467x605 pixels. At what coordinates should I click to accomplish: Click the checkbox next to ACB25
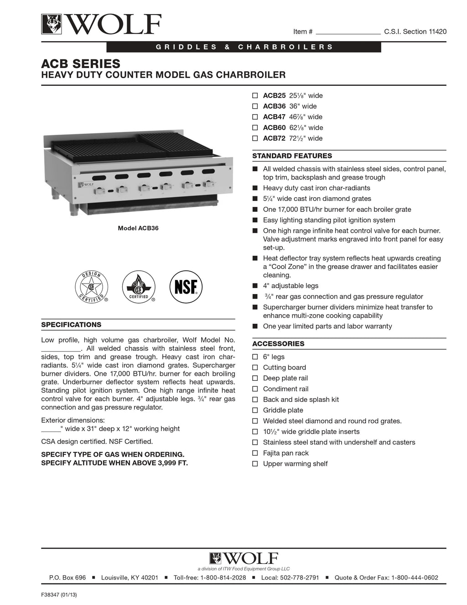tap(255, 96)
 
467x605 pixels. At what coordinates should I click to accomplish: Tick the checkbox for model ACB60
tap(255, 128)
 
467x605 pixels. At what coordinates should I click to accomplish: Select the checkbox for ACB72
tap(255, 138)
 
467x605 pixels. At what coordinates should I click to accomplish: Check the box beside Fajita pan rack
tap(255, 453)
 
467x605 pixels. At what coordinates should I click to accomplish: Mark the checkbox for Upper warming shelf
tap(255, 464)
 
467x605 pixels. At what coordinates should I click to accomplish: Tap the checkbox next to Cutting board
tap(255, 368)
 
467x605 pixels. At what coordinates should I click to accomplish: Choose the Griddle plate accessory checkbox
tap(255, 410)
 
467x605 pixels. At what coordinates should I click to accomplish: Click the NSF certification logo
tap(186, 287)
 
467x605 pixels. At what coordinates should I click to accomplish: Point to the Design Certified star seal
tap(91, 287)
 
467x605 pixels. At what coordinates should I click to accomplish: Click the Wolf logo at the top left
tap(101, 24)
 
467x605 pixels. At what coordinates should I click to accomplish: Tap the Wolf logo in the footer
tap(244, 558)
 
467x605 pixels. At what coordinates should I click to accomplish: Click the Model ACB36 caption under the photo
tap(138, 228)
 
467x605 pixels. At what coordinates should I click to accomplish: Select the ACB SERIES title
tap(81, 63)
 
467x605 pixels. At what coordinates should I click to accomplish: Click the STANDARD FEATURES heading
tap(292, 156)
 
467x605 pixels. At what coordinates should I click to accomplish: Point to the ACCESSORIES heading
tap(278, 344)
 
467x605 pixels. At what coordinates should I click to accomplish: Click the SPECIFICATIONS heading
tap(71, 325)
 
